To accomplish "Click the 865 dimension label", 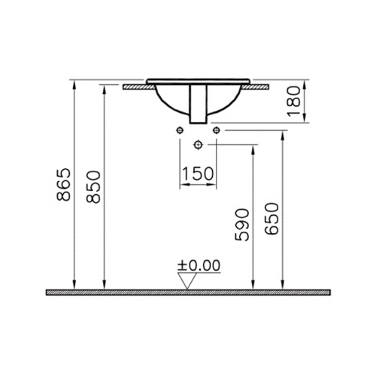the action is point(63,184).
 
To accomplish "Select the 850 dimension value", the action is point(93,186).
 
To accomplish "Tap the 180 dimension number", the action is point(293,101).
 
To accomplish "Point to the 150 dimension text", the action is point(198,174).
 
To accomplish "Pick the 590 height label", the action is point(242,225).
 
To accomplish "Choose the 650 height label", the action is point(271,219).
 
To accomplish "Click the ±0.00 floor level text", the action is point(199,265).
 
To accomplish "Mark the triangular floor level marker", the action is point(187,281).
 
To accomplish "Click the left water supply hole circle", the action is point(180,130).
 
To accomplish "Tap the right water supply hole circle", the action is point(217,130).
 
